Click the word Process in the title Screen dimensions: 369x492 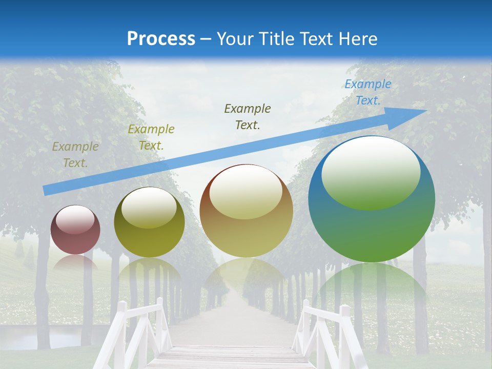[161, 38]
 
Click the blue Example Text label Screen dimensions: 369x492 [367, 92]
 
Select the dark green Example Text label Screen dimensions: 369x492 [248, 116]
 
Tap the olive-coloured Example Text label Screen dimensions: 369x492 [151, 137]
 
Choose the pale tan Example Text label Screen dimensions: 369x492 [75, 154]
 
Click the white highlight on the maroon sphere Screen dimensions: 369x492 [75, 220]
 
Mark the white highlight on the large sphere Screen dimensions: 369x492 [371, 172]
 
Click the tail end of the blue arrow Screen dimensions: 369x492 [49, 190]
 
